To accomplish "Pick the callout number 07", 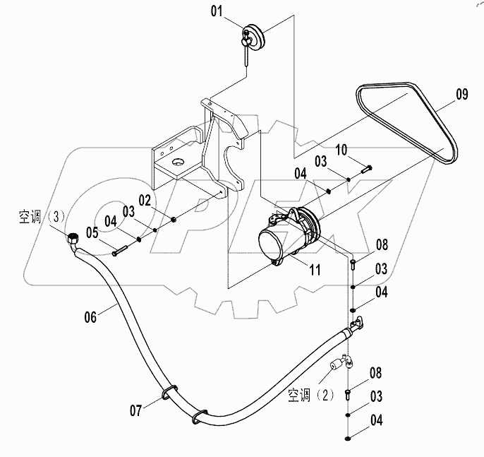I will pyautogui.click(x=135, y=409).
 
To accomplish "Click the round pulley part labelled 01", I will pyautogui.click(x=252, y=35).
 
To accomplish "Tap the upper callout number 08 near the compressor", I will pyautogui.click(x=382, y=245).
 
